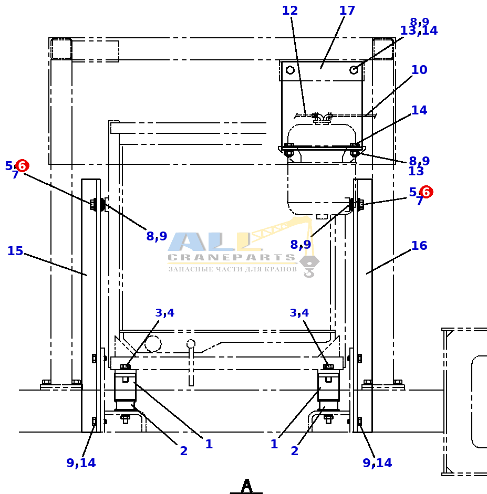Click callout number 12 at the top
point(289,10)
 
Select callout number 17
point(347,10)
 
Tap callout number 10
point(419,70)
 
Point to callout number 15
point(15,251)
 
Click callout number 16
point(419,246)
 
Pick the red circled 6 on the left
point(23,166)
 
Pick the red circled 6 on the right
point(426,192)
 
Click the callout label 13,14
point(419,30)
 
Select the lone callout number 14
point(419,110)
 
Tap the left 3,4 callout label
point(164,313)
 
